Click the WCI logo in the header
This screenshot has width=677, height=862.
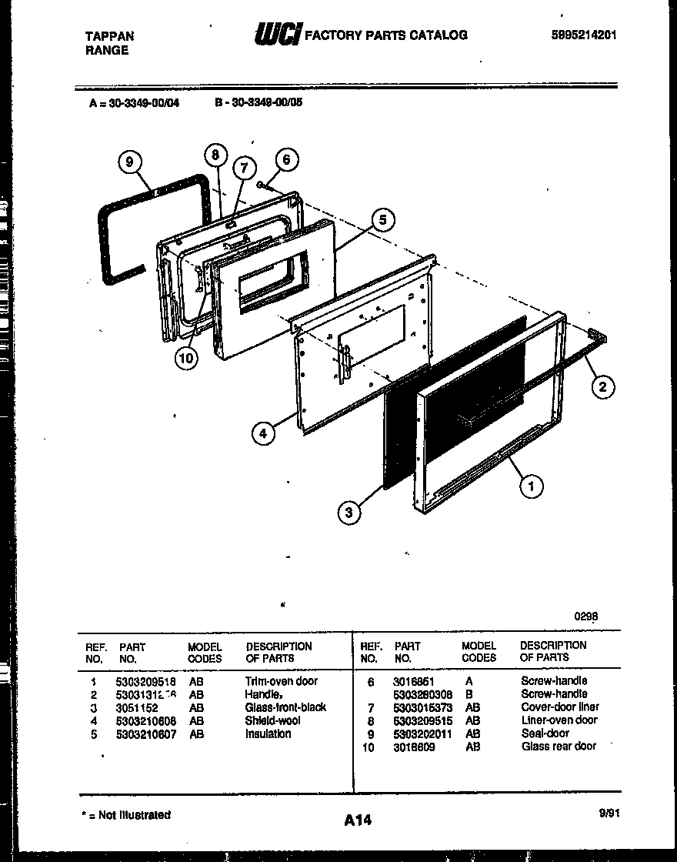click(277, 35)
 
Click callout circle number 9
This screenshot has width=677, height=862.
click(130, 162)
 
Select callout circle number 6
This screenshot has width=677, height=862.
click(286, 159)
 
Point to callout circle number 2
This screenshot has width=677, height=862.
click(602, 387)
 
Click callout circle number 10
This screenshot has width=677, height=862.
click(185, 358)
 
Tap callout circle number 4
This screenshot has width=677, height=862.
click(263, 433)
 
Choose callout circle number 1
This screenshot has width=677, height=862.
click(531, 485)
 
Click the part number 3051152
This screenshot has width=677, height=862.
click(136, 707)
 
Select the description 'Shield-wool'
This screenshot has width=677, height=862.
click(272, 720)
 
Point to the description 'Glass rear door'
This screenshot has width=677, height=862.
click(559, 747)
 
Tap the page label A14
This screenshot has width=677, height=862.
click(358, 820)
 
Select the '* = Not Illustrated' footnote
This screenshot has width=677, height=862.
click(126, 815)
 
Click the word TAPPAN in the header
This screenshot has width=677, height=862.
click(108, 36)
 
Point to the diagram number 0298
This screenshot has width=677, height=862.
click(585, 616)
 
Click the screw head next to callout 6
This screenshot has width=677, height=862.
click(263, 183)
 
